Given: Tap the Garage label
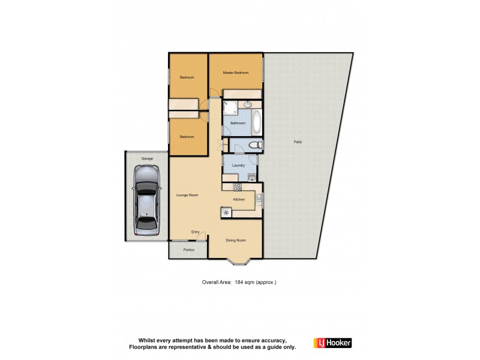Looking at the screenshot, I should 147,158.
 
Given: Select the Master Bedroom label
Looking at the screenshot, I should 236,73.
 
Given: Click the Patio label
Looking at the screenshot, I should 298,142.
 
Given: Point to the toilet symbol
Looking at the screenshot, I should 254,145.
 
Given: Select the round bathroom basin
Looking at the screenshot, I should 247,104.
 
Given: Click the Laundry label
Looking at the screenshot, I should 238,165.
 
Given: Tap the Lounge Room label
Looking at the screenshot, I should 187,195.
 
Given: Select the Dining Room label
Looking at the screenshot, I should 236,240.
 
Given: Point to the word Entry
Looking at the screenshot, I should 196,232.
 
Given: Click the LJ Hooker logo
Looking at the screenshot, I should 332,343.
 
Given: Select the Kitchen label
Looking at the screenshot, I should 239,199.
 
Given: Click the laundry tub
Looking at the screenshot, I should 251,176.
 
